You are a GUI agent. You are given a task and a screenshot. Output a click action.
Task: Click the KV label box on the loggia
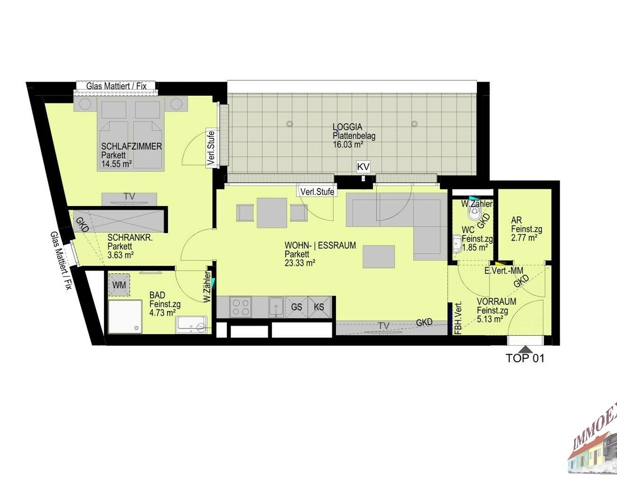point(363,167)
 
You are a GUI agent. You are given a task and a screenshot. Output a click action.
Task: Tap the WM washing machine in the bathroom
point(119,285)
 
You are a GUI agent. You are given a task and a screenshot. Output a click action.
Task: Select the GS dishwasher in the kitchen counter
point(296,307)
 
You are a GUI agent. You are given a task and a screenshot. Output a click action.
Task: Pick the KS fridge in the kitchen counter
point(319,307)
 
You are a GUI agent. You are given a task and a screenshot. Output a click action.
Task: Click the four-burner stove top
point(241,307)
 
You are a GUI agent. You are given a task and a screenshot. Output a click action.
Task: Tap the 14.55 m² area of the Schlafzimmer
point(116,164)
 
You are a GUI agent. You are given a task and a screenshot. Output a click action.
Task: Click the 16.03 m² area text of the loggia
point(348,145)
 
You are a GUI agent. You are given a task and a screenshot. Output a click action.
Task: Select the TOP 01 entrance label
point(525,358)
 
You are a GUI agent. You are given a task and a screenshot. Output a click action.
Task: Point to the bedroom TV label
point(129,196)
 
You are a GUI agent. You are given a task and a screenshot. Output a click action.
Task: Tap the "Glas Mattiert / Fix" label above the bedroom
point(116,86)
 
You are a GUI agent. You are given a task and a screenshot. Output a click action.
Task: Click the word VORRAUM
point(497,301)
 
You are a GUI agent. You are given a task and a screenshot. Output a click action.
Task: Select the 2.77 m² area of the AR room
point(524,238)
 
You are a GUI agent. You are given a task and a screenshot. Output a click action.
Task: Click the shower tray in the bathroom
point(125,316)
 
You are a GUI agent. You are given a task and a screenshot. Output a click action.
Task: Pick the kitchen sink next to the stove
point(276,307)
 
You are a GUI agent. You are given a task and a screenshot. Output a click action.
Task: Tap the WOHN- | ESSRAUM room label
point(320,245)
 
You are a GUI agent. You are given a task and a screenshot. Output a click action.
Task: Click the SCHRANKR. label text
point(130,238)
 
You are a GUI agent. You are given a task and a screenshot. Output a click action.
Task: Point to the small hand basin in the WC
point(457,244)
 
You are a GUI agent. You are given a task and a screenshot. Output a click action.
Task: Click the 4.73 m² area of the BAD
point(163,313)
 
